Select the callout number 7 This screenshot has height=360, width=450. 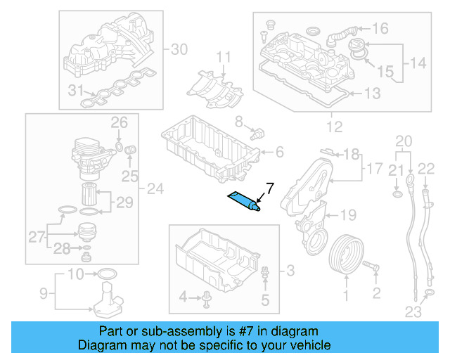(268, 188)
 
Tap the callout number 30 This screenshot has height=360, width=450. (180, 49)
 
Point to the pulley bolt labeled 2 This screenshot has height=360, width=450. (372, 268)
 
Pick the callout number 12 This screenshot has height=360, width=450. (334, 127)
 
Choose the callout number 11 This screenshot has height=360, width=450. (223, 57)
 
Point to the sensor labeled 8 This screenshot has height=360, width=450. (257, 132)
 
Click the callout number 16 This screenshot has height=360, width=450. (380, 29)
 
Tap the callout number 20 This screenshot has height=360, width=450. (402, 141)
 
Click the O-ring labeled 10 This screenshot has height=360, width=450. (105, 273)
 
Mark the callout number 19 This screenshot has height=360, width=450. (349, 214)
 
